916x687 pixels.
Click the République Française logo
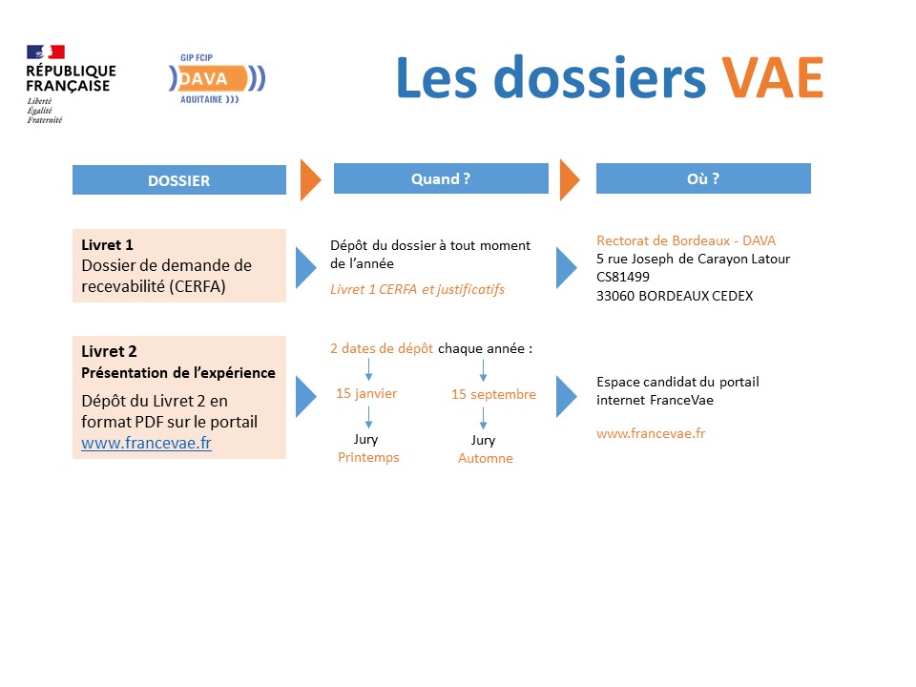pos(71,84)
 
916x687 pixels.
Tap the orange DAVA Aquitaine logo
pos(217,79)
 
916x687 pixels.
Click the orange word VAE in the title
pos(772,77)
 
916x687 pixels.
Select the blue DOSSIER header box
pos(179,180)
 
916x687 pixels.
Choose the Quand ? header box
pos(441,178)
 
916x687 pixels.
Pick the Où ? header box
pos(703,178)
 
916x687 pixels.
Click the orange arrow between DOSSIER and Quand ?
pos(311,180)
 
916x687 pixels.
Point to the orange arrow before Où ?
pos(570,180)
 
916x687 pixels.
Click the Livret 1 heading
pos(108,245)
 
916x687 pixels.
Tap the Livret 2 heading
pos(109,351)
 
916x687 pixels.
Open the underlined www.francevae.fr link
pos(147,443)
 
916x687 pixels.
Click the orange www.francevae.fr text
pos(651,433)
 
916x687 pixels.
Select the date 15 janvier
pos(366,394)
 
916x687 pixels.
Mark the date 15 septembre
pos(493,394)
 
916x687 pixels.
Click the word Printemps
pos(368,457)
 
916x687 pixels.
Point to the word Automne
pos(486,459)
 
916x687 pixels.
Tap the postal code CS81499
pos(623,277)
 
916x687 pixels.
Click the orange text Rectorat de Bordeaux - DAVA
pos(686,240)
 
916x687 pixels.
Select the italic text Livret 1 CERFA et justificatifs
pos(417,290)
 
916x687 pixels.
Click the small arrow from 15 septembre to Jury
pos(483,418)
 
